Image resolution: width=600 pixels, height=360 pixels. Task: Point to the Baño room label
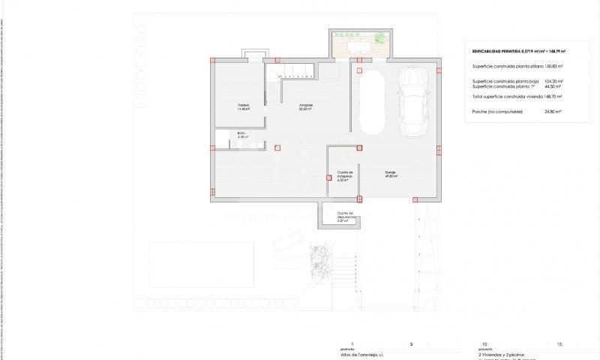point(241,136)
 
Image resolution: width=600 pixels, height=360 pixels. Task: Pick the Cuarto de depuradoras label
point(345,218)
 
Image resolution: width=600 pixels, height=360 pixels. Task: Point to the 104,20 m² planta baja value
point(553,81)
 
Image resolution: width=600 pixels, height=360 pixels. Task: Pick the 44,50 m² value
point(553,86)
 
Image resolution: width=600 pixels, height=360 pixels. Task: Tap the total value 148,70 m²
point(553,97)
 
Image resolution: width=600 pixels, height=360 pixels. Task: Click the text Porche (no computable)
point(499,111)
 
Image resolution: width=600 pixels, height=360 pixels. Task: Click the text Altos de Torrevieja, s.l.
point(363,352)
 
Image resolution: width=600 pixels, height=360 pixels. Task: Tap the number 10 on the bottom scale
point(484,343)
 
